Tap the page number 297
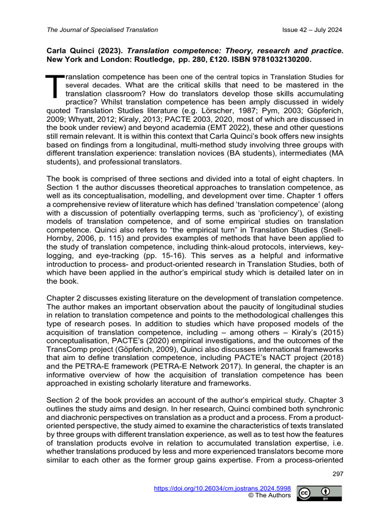pos(336,474)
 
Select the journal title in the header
pos(102,30)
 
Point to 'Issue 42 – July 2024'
pos(312,30)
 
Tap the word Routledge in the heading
pos(165,59)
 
